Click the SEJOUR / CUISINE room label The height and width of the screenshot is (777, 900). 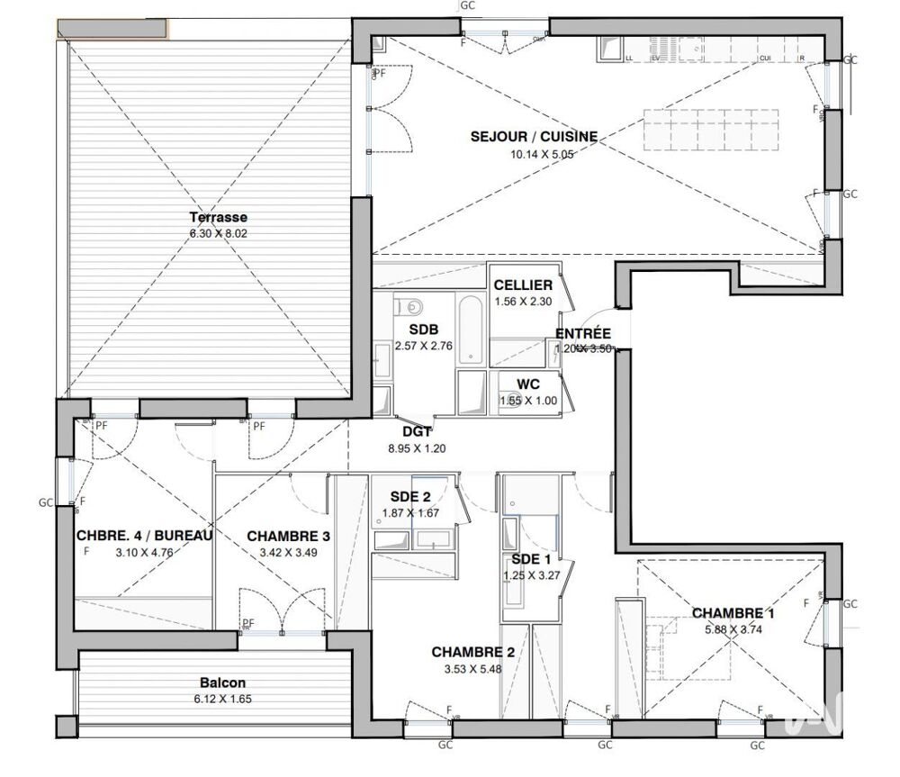(534, 137)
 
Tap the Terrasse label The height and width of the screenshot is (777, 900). (218, 217)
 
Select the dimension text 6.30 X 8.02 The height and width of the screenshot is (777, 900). (218, 233)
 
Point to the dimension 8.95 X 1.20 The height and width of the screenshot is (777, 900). (416, 447)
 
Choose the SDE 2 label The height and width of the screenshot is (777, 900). (410, 498)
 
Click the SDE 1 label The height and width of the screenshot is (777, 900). (525, 558)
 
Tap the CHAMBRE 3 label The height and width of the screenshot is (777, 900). (288, 536)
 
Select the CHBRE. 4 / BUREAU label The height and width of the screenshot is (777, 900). (144, 536)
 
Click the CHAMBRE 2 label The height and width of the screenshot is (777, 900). (472, 652)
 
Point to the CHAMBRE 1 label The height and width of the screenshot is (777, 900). (733, 613)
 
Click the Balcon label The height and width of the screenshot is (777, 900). (219, 682)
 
